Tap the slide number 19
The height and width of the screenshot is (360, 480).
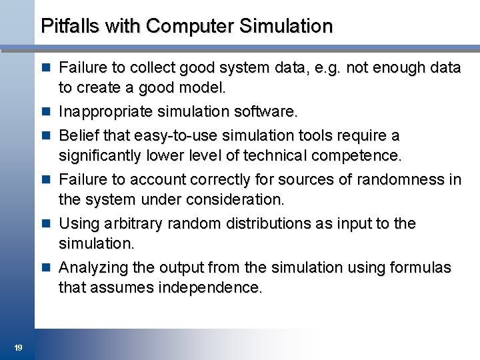(x=18, y=347)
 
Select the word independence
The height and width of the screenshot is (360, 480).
(x=213, y=289)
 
